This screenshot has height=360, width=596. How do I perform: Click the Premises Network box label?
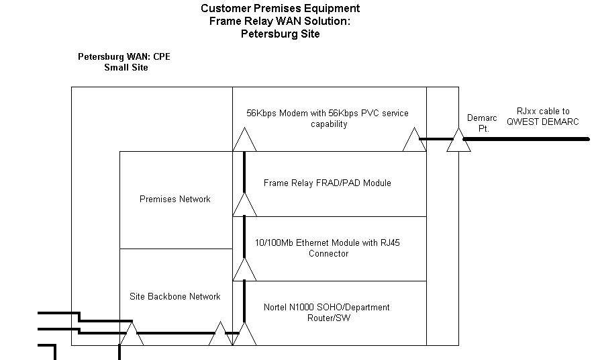coord(175,199)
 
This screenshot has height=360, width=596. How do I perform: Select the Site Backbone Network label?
coord(175,296)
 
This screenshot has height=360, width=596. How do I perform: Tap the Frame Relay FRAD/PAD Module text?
coord(327,183)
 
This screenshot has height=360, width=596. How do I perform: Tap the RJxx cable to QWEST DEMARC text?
coord(543,116)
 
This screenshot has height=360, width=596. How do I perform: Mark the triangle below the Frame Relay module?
coord(244,205)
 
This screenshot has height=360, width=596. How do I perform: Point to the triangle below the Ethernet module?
coord(244,269)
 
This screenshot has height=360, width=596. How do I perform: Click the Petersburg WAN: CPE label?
coord(124,56)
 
